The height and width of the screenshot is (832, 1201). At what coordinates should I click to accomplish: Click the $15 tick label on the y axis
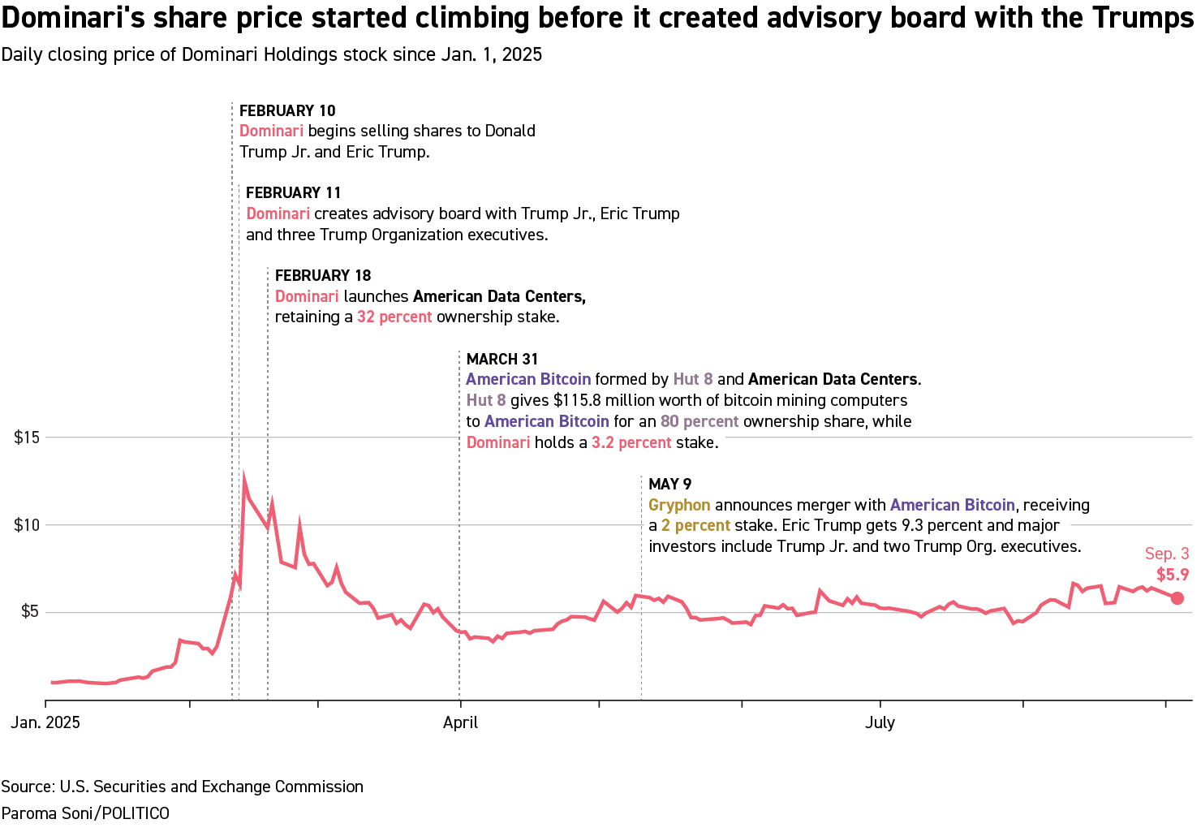pos(26,438)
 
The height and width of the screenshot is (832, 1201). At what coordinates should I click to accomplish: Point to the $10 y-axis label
pos(26,525)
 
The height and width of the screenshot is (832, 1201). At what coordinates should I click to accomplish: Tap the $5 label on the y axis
pos(29,611)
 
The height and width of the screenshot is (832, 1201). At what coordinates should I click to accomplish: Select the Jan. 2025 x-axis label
pos(45,722)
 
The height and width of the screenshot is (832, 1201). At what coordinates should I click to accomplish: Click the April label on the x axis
pos(460,722)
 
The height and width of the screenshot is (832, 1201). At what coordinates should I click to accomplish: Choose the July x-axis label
pos(880,722)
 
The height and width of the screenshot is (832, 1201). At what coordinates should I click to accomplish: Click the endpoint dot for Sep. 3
pos(1177,598)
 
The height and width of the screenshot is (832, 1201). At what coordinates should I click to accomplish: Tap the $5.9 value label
pos(1173,575)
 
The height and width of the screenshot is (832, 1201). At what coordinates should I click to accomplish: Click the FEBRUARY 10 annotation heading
pos(287,110)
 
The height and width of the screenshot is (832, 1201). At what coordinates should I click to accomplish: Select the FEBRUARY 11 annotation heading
pos(293,192)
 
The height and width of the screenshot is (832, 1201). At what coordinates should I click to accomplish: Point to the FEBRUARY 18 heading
pos(322,275)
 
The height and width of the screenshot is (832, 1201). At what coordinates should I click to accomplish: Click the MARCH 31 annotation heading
pos(501,359)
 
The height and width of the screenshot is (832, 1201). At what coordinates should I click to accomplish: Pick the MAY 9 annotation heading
pos(669,484)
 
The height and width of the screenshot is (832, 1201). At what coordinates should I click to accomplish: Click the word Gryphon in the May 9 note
pos(679,505)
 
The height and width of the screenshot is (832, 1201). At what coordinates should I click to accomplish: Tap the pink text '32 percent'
pos(394,317)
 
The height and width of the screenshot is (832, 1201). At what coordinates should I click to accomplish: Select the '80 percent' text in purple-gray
pos(700,421)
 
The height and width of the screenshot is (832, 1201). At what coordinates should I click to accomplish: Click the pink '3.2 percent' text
pos(631,442)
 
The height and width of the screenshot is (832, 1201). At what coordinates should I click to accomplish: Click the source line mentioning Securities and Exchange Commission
pos(182,787)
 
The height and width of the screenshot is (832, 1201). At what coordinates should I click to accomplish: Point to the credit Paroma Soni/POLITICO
pos(85,813)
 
